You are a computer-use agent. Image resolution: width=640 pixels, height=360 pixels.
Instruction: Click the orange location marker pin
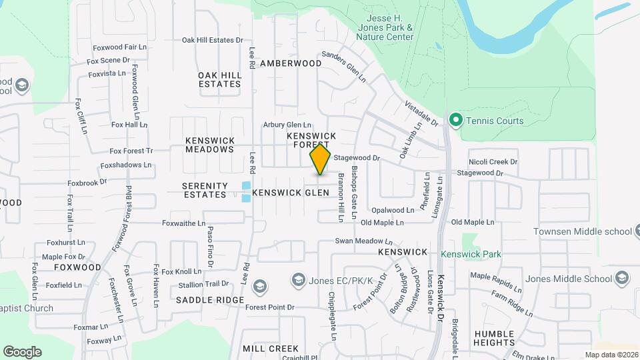point(321,159)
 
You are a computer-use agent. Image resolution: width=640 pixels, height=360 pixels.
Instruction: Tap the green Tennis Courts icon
point(456,121)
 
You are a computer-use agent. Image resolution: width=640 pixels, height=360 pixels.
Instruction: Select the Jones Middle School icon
point(622,279)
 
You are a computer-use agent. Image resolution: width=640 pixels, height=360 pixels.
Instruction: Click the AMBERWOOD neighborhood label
point(291,63)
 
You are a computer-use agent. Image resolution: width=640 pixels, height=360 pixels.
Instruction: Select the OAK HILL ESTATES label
point(219,79)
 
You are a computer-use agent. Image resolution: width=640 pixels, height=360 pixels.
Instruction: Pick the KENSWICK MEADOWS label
point(209,145)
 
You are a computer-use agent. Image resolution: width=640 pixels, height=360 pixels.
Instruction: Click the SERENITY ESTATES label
point(204,189)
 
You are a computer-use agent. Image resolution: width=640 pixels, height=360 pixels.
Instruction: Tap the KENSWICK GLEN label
point(291,192)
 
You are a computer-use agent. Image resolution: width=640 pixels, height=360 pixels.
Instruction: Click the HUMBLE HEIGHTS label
point(494,338)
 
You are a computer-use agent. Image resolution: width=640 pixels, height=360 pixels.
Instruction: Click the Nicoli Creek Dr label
point(493,161)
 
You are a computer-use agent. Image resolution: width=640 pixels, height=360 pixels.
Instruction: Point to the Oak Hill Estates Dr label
point(213,40)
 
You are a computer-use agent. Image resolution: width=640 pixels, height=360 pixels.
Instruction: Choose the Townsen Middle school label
point(582,232)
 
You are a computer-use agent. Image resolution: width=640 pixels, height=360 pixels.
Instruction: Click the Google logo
point(22,351)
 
